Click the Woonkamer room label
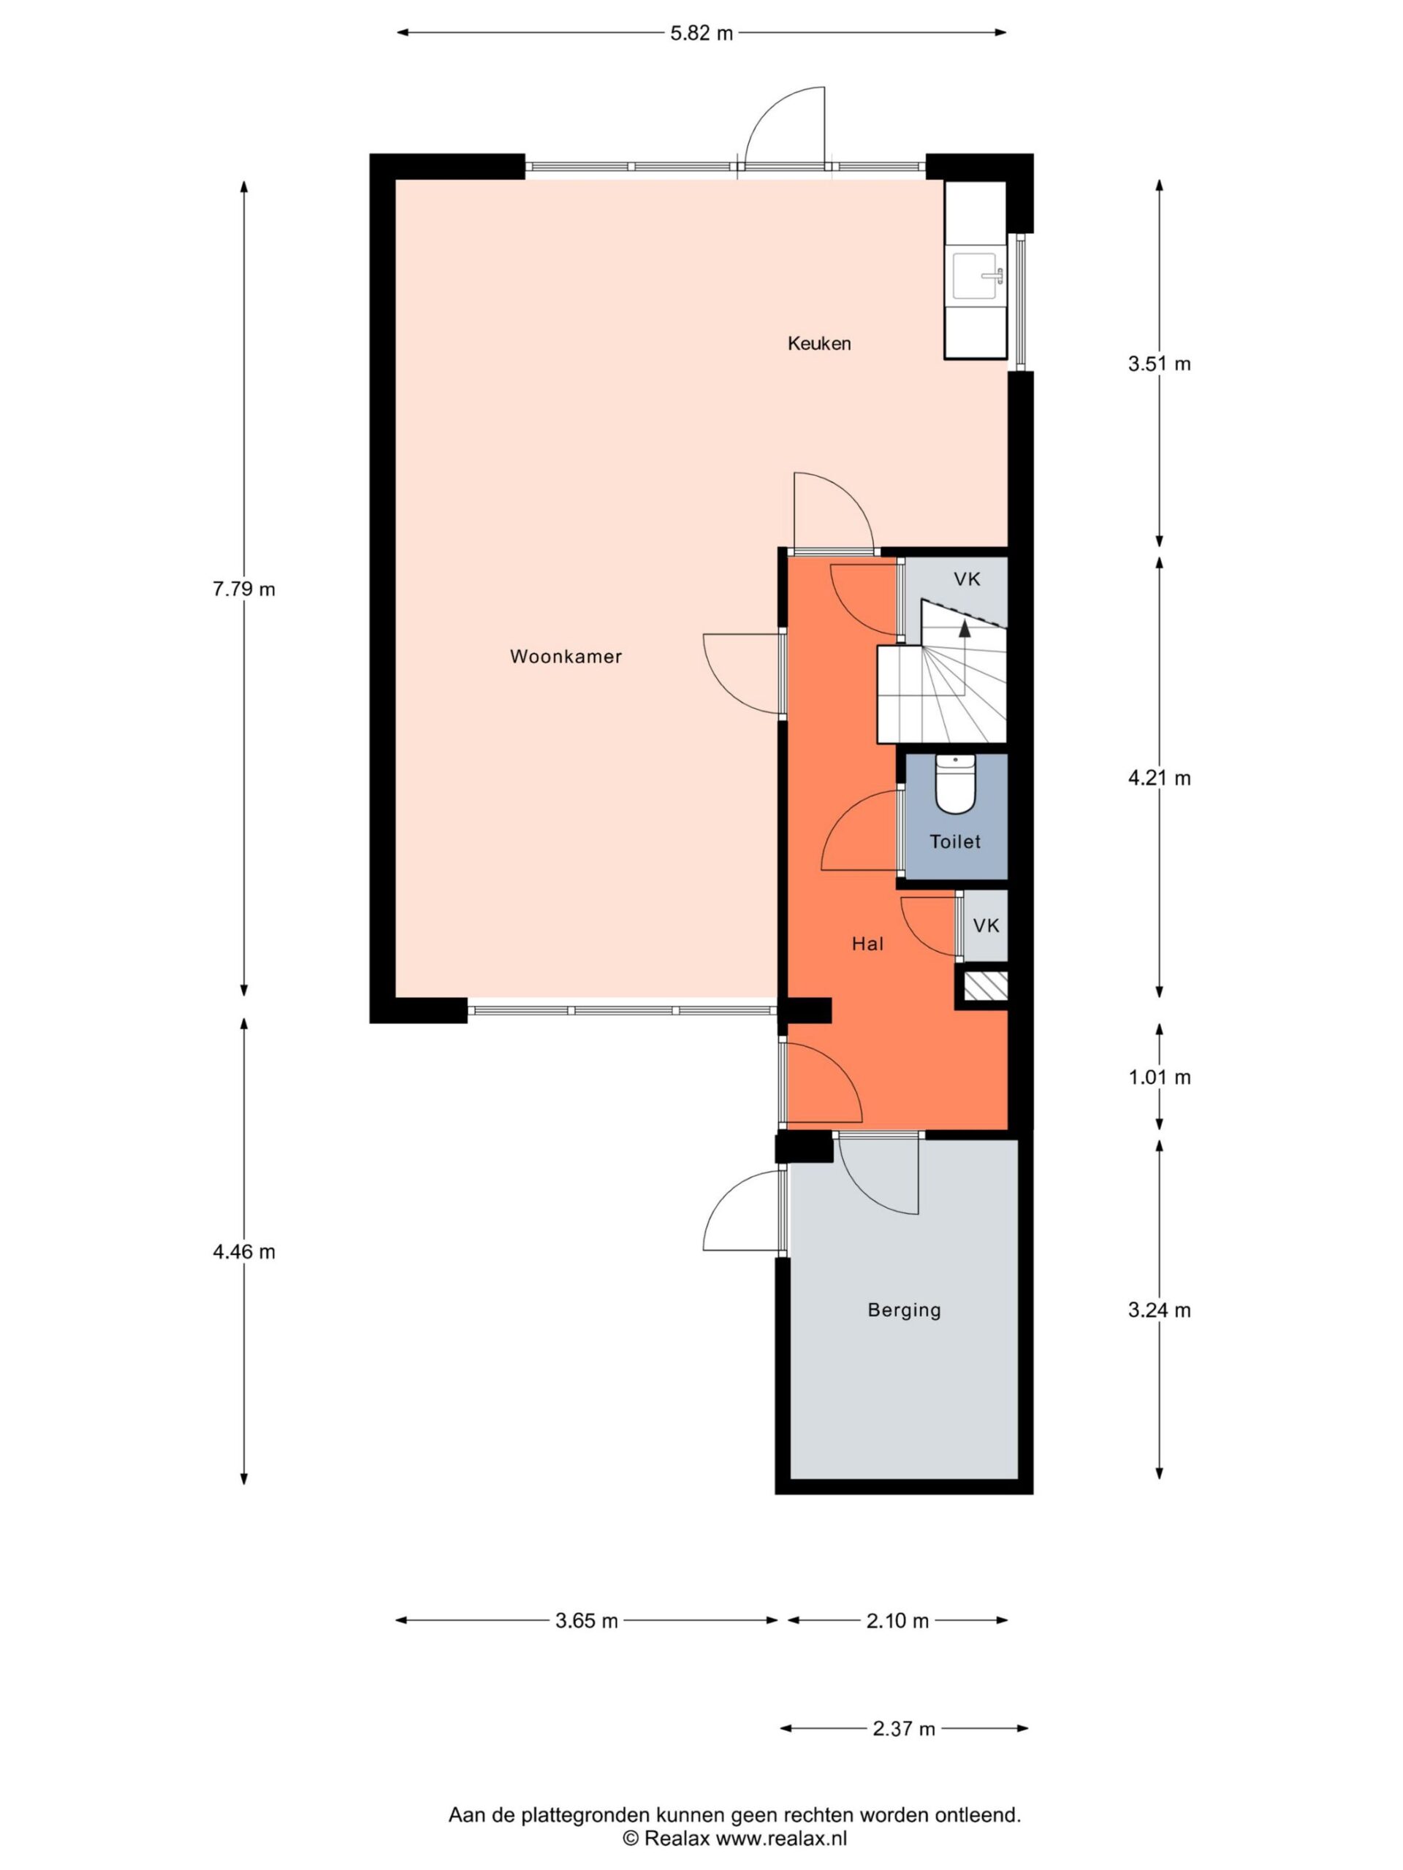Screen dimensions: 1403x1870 point(566,656)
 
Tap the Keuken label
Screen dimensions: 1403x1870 point(818,343)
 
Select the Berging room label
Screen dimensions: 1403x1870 point(904,1310)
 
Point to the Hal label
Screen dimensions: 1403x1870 point(867,944)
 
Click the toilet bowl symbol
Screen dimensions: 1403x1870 point(956,784)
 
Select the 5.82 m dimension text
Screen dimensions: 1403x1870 point(701,34)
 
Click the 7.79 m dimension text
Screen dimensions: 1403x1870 point(243,589)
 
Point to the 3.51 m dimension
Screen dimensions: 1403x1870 point(1159,364)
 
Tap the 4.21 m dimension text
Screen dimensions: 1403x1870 point(1159,778)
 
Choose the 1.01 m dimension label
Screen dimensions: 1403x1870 point(1159,1077)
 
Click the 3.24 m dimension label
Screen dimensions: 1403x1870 point(1159,1310)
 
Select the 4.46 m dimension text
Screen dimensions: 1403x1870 point(243,1252)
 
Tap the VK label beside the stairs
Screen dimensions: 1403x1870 point(967,579)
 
